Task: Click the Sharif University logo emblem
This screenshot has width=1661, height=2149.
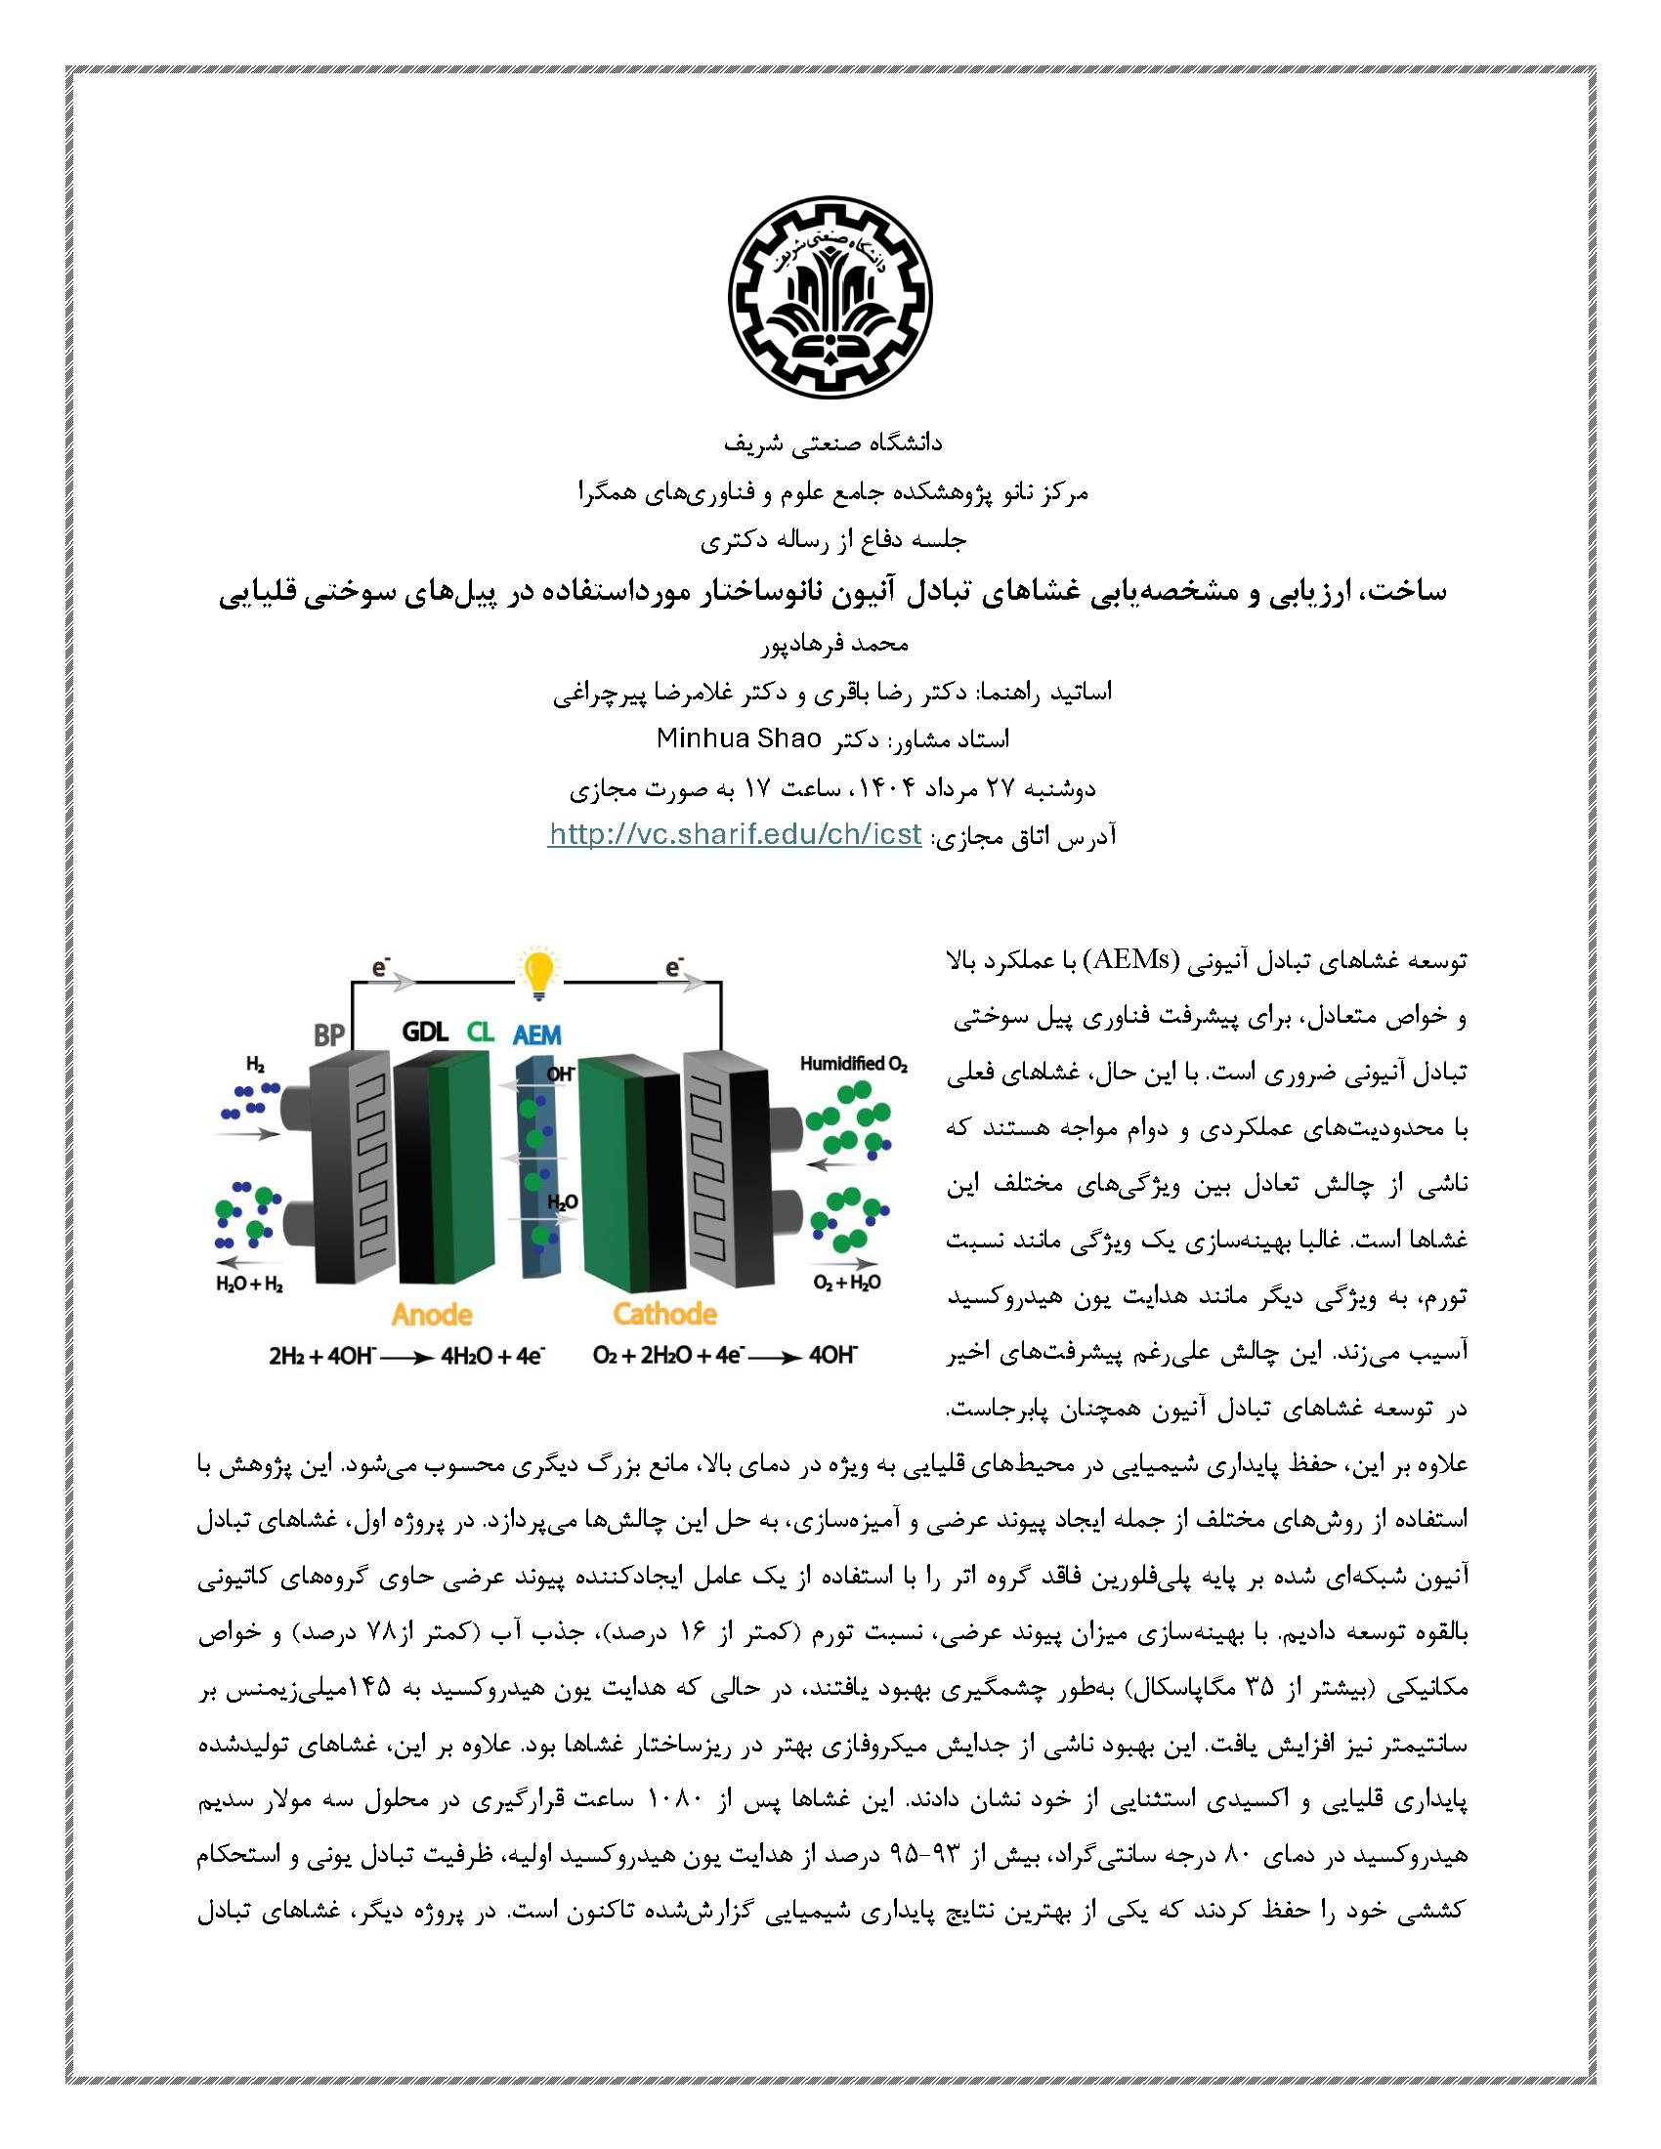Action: coord(830,303)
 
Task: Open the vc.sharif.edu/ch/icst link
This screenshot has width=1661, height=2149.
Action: coord(735,835)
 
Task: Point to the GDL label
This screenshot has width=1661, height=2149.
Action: coord(425,1032)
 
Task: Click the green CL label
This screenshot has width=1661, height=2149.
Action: coord(481,1032)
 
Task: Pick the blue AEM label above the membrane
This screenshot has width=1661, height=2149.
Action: coord(537,1034)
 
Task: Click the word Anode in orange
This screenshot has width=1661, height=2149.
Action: coord(432,1313)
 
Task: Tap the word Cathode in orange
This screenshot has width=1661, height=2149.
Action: coord(664,1313)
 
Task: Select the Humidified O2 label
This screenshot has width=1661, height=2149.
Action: coord(853,1065)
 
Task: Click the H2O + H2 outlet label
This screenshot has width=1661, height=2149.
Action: coord(249,1284)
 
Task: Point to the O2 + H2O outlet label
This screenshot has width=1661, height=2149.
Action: coord(846,1284)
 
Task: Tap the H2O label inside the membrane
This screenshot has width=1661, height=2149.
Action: coord(562,1202)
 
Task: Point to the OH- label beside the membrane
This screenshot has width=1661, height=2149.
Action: coord(561,1075)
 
